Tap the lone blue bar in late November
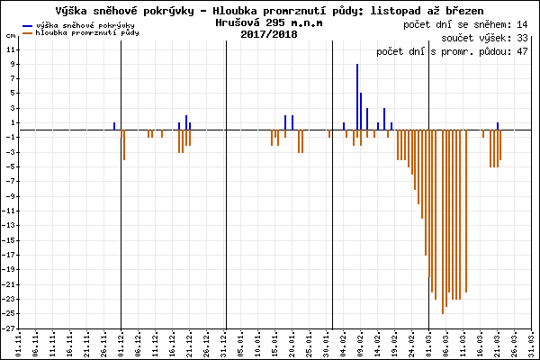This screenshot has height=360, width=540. click(x=114, y=126)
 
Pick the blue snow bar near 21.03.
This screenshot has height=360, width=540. click(x=498, y=126)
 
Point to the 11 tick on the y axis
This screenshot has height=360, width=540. click(x=11, y=50)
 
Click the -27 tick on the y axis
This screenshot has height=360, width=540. click(x=10, y=328)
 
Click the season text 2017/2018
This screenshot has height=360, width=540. click(x=269, y=33)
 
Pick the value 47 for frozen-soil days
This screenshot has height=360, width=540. click(x=521, y=52)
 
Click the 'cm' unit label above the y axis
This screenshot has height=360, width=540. click(x=11, y=33)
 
